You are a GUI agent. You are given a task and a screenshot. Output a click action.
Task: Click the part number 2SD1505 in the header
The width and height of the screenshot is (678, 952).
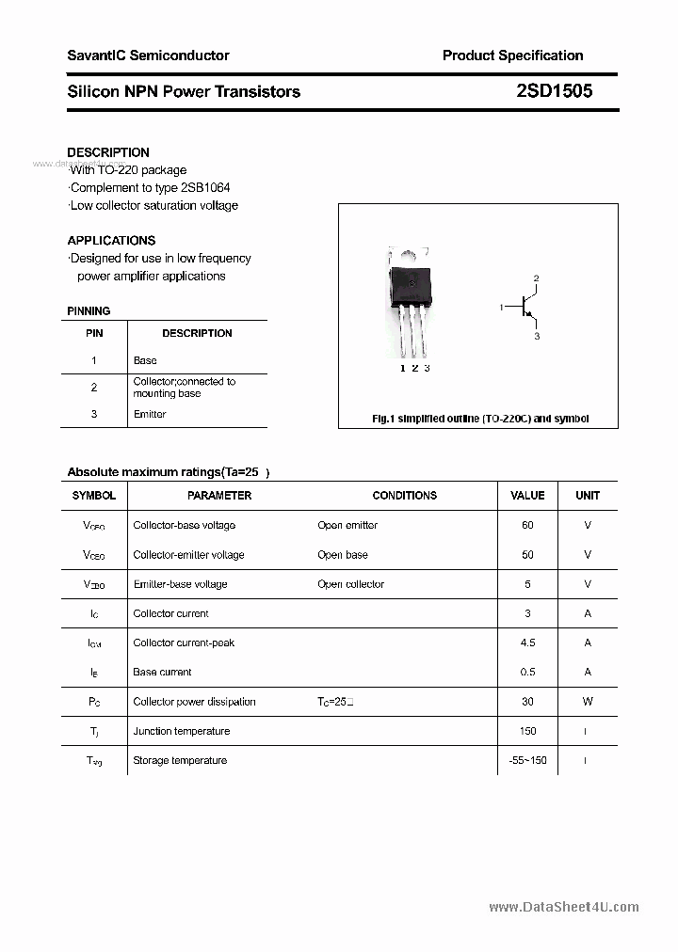(555, 91)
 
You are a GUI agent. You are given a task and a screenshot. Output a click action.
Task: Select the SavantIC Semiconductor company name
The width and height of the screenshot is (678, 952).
(148, 56)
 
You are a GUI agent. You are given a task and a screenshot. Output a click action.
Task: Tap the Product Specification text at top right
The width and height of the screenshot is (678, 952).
(512, 56)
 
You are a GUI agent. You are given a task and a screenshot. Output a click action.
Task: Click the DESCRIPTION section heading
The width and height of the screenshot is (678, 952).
(108, 152)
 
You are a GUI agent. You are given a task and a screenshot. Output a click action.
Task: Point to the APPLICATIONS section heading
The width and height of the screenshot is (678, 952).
(111, 240)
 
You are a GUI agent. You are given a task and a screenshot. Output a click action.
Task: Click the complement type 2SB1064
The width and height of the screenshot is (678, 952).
(202, 187)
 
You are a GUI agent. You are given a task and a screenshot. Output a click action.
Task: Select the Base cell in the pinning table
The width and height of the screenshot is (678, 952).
(145, 360)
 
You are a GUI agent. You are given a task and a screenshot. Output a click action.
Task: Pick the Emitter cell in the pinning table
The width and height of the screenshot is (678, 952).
(150, 414)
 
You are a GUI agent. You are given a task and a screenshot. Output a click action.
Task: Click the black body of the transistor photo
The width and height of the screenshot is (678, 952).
(413, 283)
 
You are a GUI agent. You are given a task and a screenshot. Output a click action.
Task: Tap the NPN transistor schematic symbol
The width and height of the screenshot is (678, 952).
(527, 307)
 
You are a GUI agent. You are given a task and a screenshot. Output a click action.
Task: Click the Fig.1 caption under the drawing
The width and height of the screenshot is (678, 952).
(480, 419)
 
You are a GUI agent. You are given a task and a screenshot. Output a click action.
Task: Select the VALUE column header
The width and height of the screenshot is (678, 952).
(527, 495)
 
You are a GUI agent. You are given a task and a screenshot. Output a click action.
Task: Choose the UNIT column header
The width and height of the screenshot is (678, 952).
(588, 495)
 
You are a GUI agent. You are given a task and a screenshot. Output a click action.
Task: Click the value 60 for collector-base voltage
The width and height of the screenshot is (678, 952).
(527, 525)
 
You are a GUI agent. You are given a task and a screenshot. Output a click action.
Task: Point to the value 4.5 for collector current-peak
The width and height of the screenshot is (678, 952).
(527, 643)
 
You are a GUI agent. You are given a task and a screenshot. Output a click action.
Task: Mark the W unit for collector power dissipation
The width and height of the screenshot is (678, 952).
(588, 702)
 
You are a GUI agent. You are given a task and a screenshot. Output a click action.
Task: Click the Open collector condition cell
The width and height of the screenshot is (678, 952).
(350, 584)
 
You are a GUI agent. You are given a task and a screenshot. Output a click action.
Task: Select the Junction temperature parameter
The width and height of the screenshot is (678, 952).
(181, 731)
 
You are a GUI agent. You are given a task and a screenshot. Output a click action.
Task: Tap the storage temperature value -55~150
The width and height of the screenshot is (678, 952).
(527, 760)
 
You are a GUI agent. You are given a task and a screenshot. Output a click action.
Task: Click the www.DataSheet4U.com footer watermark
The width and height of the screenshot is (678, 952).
(564, 907)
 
